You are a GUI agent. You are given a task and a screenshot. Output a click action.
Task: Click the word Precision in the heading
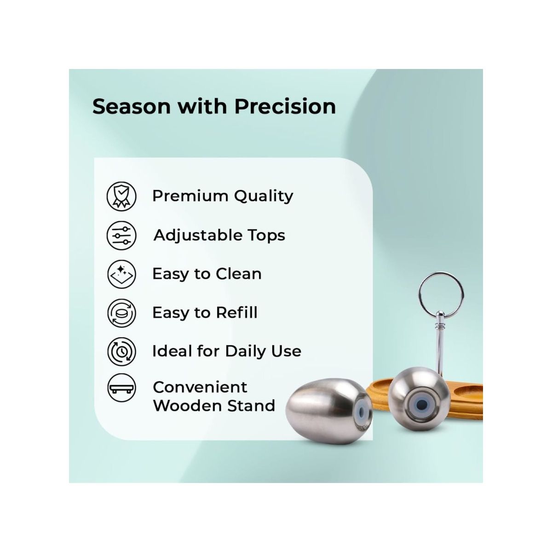click(285, 106)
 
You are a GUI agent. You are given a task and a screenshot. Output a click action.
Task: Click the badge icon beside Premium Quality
click(121, 196)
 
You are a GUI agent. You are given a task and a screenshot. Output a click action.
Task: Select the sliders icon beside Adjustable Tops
click(121, 235)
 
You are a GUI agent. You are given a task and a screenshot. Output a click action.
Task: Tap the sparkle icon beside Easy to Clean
click(121, 274)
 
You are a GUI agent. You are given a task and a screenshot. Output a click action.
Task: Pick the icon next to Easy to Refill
click(121, 313)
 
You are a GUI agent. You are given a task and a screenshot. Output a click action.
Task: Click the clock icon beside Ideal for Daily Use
click(121, 351)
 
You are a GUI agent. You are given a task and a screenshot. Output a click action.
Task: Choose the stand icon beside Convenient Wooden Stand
click(121, 389)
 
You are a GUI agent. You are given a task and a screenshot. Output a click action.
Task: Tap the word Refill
click(236, 313)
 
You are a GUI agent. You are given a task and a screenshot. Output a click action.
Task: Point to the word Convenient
click(200, 387)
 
